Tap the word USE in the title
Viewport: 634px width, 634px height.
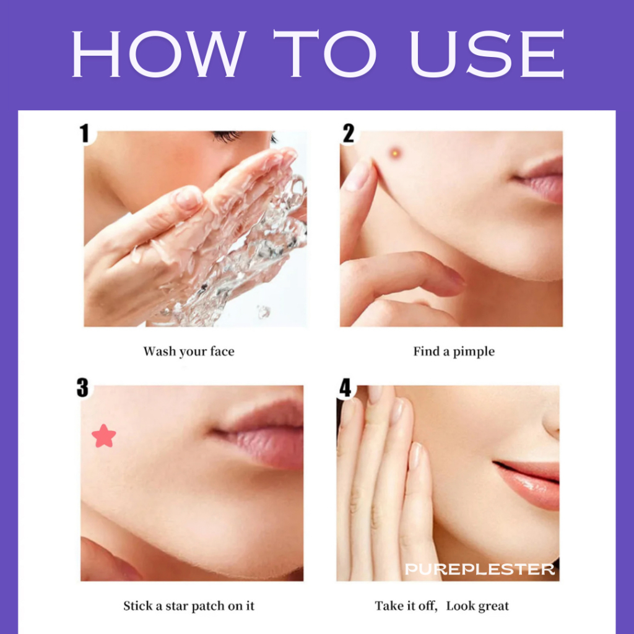pyautogui.click(x=487, y=53)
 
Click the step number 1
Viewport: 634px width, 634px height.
pyautogui.click(x=84, y=134)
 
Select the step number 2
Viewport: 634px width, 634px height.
pyautogui.click(x=348, y=134)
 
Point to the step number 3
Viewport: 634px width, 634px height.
pyautogui.click(x=82, y=388)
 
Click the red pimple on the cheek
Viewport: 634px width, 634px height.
pyautogui.click(x=395, y=154)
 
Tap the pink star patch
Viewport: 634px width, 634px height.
pyautogui.click(x=104, y=436)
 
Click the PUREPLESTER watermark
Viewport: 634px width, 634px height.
pyautogui.click(x=480, y=570)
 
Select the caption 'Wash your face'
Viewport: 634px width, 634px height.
pyautogui.click(x=189, y=352)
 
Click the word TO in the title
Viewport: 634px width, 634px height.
pyautogui.click(x=326, y=53)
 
